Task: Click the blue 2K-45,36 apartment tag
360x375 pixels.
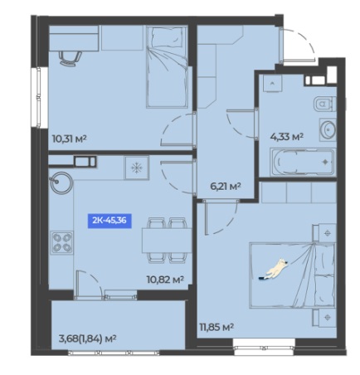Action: pos(109,221)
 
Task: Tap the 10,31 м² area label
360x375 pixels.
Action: pos(70,139)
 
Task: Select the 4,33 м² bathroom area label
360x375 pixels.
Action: pos(286,137)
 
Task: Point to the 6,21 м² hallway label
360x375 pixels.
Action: pos(226,186)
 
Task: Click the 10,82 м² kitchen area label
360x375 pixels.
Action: pos(165,280)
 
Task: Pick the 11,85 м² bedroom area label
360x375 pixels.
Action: pos(216,328)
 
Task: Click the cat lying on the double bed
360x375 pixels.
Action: pos(275,269)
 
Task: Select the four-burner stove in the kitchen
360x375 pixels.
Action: pos(62,242)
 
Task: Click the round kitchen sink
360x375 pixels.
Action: pos(61,183)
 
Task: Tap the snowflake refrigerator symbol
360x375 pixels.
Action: pos(136,168)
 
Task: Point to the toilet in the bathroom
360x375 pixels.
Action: pos(324,104)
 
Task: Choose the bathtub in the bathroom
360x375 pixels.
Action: pos(303,162)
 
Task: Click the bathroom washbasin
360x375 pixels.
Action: pos(328,129)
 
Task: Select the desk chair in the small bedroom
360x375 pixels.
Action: pos(70,58)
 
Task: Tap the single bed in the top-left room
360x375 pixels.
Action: pos(167,66)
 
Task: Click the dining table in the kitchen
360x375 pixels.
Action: pos(167,241)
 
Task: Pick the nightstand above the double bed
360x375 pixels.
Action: pos(324,233)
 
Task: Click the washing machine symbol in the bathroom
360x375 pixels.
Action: pos(272,83)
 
